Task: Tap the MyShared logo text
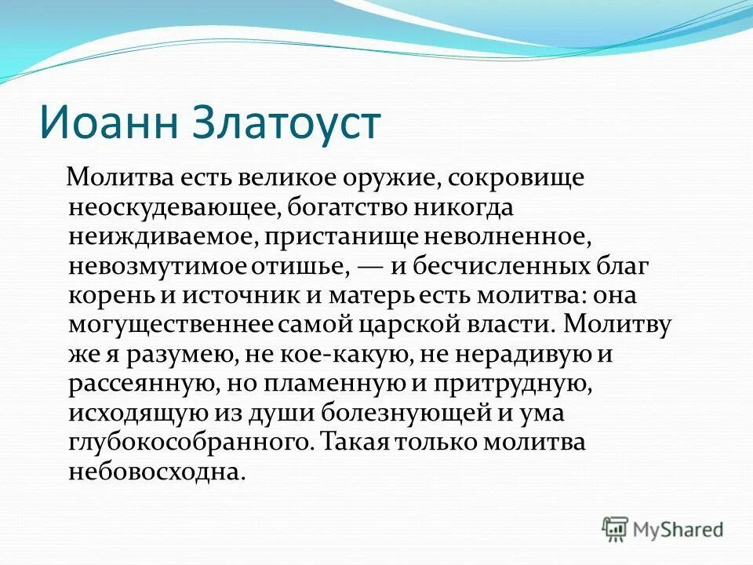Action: pyautogui.click(x=678, y=529)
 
